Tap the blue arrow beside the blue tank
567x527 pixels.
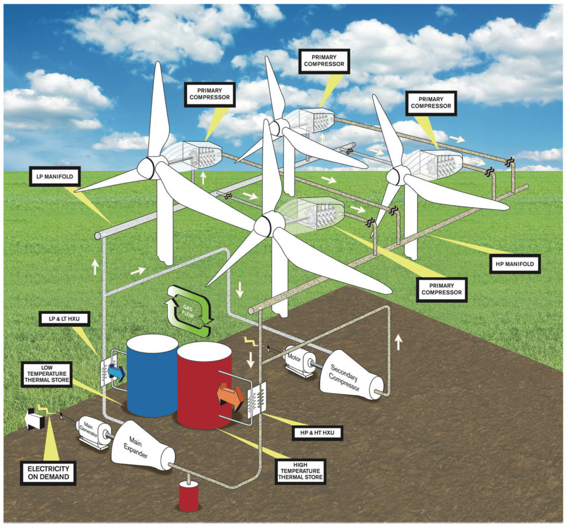coord(117,373)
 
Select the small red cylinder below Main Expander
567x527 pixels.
coord(188,496)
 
